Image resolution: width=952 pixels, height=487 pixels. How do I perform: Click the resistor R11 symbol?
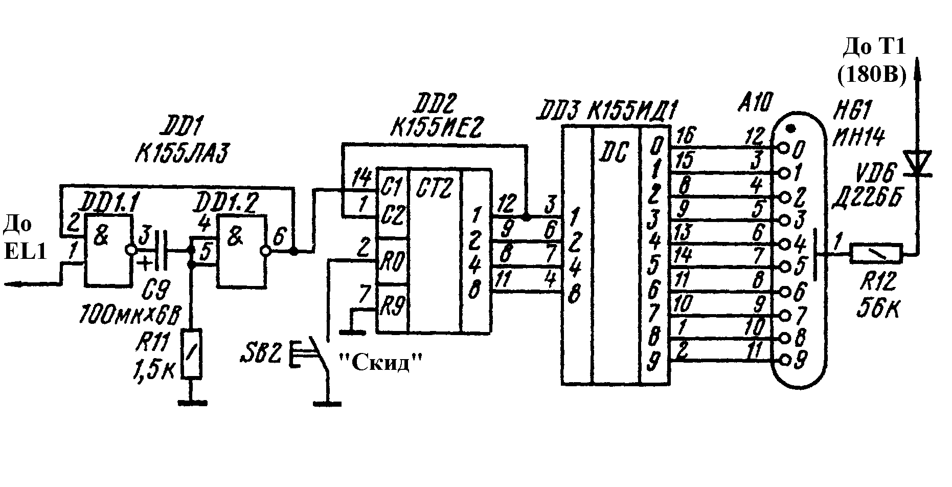click(x=191, y=353)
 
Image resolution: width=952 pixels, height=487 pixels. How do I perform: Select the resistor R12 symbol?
click(x=876, y=253)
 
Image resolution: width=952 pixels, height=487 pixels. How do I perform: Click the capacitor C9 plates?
click(x=161, y=250)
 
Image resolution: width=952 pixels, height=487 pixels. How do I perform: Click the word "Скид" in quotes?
click(x=382, y=363)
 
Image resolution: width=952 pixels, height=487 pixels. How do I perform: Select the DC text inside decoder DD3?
click(x=615, y=151)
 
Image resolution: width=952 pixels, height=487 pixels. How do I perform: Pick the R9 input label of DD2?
click(x=393, y=307)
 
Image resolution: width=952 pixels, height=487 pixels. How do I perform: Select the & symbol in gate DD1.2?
click(x=236, y=238)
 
